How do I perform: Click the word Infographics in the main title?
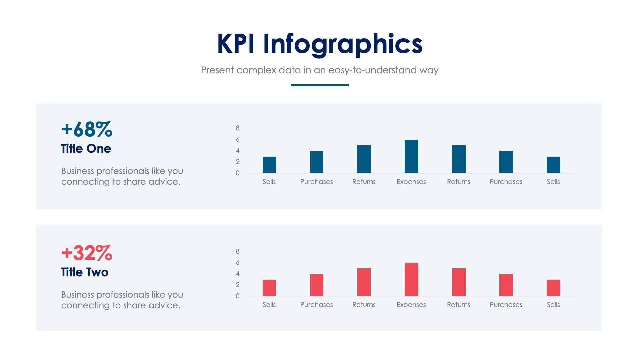[x=343, y=44]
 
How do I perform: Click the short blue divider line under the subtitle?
[x=320, y=85]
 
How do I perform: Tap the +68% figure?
[x=87, y=129]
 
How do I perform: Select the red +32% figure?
[x=87, y=253]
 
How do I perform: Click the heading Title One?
[x=86, y=149]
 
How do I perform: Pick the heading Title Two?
[x=85, y=272]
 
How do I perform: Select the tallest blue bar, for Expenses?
[x=411, y=156]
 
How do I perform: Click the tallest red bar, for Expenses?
[x=411, y=279]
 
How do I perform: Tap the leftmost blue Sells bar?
[x=269, y=165]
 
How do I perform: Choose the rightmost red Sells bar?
[x=553, y=288]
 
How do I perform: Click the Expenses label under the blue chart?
[x=411, y=182]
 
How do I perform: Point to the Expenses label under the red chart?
[x=411, y=305]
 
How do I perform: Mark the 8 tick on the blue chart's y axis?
[x=238, y=128]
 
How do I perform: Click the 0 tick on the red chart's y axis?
[x=238, y=296]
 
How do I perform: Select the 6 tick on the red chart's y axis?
[x=238, y=263]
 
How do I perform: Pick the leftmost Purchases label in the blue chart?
[x=316, y=182]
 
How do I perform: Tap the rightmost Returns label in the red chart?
[x=458, y=305]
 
